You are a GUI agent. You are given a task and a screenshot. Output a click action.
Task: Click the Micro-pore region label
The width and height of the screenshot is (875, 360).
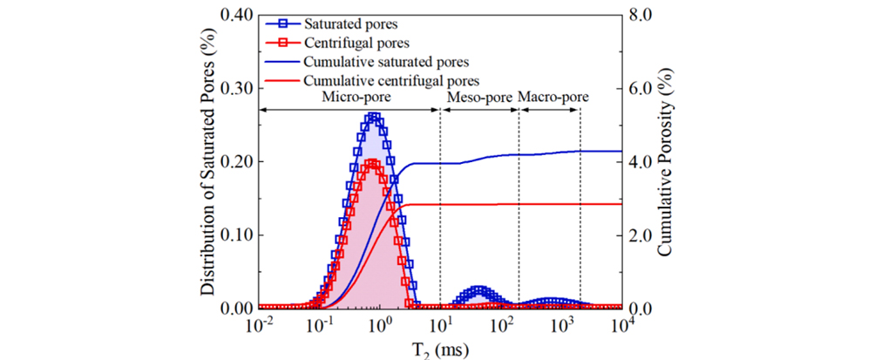coord(349,98)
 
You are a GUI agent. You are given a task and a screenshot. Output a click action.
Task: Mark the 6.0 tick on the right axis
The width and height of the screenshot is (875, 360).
coord(639,89)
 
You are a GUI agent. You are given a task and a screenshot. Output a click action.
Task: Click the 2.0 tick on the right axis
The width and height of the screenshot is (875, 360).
coord(639,235)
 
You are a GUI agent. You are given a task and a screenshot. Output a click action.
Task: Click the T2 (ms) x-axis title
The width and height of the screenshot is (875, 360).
coord(440,350)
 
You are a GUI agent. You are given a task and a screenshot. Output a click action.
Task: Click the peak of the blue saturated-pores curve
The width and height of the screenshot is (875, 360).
coord(374,116)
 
